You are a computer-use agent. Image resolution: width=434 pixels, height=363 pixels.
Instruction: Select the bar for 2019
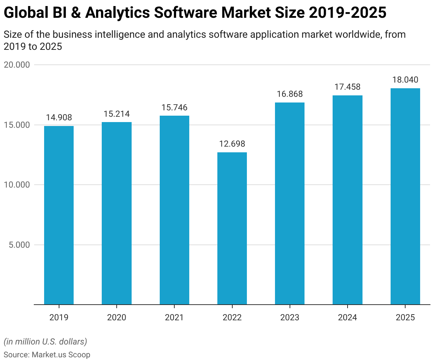(59, 215)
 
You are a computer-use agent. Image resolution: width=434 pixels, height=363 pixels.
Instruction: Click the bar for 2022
(232, 228)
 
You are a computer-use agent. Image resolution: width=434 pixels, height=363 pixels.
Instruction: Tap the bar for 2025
(405, 196)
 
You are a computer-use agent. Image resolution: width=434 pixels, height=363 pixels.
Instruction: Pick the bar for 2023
(290, 204)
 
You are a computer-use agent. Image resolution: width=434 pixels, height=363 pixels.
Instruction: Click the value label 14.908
(59, 117)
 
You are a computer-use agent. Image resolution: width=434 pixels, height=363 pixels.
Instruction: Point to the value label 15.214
(117, 114)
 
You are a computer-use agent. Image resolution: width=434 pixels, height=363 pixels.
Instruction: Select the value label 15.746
(174, 107)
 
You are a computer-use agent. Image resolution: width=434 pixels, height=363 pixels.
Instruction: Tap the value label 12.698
(232, 144)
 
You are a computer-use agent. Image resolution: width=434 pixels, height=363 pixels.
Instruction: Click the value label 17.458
(347, 87)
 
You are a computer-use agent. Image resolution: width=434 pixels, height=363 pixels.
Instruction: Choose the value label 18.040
(405, 80)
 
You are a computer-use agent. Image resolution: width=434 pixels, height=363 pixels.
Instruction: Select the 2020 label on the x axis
(117, 317)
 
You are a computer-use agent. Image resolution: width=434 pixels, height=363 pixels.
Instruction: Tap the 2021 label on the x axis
(174, 317)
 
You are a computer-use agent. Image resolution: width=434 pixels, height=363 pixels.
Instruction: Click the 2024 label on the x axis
(347, 317)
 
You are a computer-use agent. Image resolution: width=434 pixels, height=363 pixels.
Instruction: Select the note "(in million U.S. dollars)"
(45, 342)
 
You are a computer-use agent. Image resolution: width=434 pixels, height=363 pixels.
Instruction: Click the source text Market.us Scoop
(61, 355)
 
